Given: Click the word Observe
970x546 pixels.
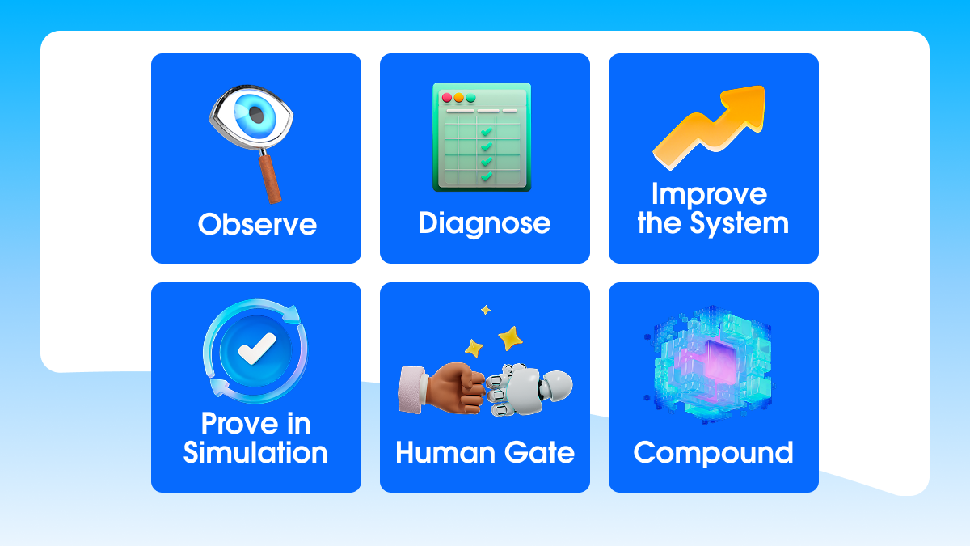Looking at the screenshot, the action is click(257, 225).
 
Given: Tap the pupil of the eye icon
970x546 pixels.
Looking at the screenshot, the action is click(256, 115).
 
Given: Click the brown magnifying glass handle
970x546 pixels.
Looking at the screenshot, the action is click(270, 178).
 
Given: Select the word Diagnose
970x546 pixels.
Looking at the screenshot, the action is click(484, 224).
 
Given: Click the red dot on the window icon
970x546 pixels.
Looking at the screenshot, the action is click(447, 98).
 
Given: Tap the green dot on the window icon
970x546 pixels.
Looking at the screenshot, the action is click(470, 98).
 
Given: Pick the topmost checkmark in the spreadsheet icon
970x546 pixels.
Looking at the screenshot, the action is click(487, 131).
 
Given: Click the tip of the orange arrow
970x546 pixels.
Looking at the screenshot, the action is click(763, 87).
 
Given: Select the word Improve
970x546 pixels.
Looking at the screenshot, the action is click(710, 194).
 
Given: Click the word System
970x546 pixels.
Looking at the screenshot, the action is click(739, 223).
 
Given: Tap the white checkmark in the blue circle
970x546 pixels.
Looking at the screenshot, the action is click(257, 349).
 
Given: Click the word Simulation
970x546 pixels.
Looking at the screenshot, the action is click(255, 452).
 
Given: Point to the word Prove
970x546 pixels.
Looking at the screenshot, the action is click(239, 423).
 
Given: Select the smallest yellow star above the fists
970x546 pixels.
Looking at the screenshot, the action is click(486, 310).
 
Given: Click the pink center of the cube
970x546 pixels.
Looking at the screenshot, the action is click(719, 362).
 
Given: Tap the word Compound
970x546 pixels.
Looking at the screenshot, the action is click(713, 454).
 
